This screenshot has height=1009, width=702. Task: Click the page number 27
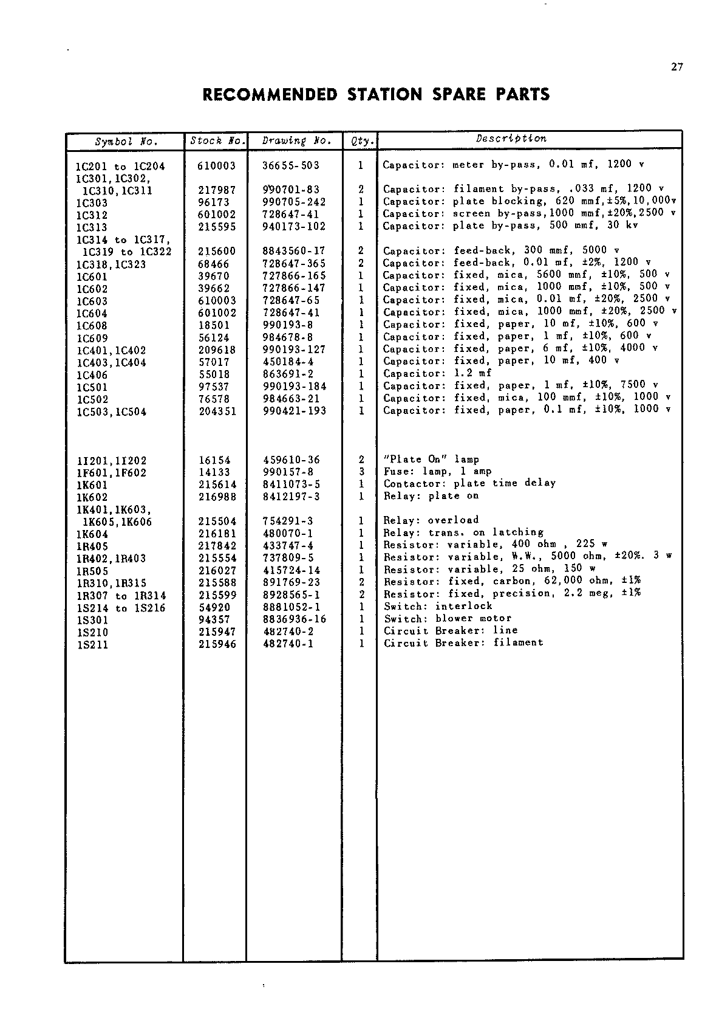(x=677, y=67)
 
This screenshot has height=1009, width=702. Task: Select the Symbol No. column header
(x=126, y=142)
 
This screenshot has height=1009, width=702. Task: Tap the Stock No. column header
(x=216, y=141)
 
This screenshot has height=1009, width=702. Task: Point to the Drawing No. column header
(x=296, y=141)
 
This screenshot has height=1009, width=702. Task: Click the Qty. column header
(x=361, y=141)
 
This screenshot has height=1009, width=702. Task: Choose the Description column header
(x=511, y=139)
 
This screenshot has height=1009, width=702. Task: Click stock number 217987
(x=217, y=190)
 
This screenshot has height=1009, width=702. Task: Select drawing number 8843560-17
(x=293, y=251)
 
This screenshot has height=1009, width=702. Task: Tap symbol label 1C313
(x=92, y=227)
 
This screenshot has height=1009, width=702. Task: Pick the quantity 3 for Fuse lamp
(x=361, y=472)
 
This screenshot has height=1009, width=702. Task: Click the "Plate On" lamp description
(x=431, y=460)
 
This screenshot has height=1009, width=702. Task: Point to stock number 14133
(x=214, y=472)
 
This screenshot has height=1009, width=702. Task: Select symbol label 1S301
(x=92, y=620)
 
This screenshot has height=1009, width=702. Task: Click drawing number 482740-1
(x=288, y=644)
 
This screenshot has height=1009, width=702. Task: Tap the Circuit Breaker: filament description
(x=463, y=642)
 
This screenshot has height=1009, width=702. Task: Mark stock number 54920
(x=214, y=607)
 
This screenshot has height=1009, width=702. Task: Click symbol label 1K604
(x=92, y=534)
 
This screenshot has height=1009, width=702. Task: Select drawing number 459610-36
(x=291, y=460)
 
